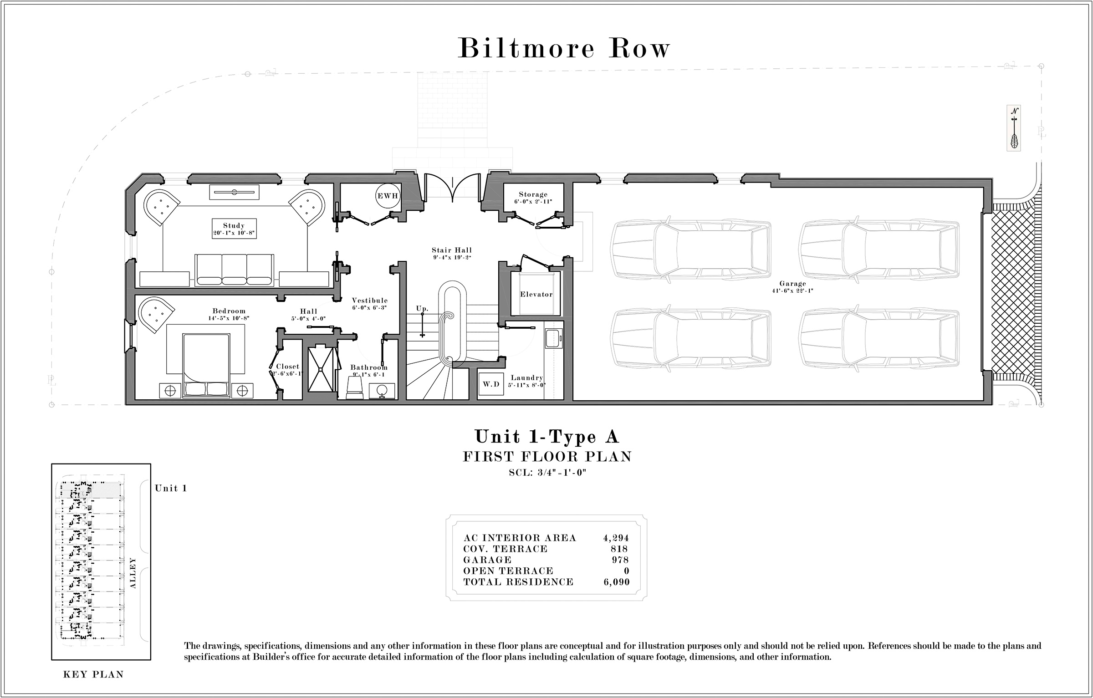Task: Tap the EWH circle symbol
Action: pyautogui.click(x=387, y=196)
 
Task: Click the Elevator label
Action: pyautogui.click(x=536, y=295)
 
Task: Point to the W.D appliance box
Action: pyautogui.click(x=491, y=384)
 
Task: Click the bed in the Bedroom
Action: pyautogui.click(x=205, y=365)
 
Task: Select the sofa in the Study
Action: pyautogui.click(x=234, y=270)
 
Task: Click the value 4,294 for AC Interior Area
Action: pyautogui.click(x=616, y=538)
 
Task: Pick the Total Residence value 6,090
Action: pyautogui.click(x=616, y=582)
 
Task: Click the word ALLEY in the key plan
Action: pyautogui.click(x=133, y=573)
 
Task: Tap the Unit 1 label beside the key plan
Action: pyautogui.click(x=171, y=489)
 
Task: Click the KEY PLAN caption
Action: pyautogui.click(x=93, y=674)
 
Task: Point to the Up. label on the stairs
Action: pyautogui.click(x=422, y=309)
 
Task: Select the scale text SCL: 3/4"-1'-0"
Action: pyautogui.click(x=547, y=473)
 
